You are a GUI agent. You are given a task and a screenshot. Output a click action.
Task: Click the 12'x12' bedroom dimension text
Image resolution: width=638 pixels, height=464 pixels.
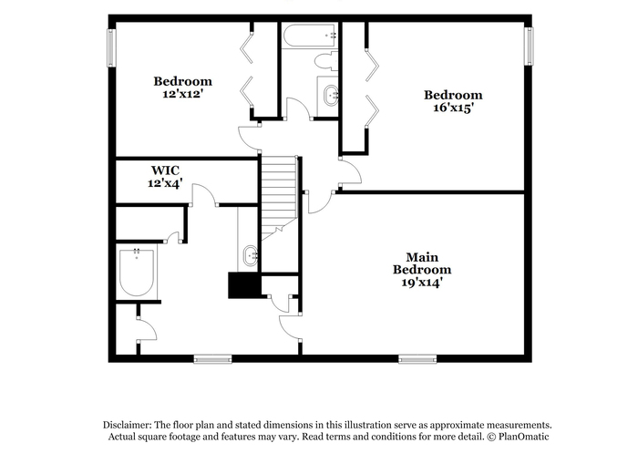click(x=182, y=94)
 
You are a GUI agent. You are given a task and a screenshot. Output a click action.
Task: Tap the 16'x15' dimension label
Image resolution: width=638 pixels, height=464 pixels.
click(x=453, y=108)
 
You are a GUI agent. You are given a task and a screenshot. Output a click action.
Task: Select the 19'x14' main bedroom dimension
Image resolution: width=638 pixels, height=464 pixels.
click(x=422, y=283)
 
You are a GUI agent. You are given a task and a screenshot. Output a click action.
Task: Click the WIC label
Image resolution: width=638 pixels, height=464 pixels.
click(x=165, y=170)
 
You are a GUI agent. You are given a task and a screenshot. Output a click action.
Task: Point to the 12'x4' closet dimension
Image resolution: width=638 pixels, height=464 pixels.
click(x=164, y=183)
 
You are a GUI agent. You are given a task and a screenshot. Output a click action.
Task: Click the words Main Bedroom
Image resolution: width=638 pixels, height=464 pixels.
click(x=422, y=263)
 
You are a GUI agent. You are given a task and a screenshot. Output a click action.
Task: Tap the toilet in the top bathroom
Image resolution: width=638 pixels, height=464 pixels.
click(x=326, y=61)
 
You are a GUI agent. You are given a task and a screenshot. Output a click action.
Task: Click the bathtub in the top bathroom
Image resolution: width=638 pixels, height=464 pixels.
click(x=311, y=36)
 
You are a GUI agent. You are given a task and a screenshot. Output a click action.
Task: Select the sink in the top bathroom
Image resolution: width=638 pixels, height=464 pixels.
click(x=330, y=96)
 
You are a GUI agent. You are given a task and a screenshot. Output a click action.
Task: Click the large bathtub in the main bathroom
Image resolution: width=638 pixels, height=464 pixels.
click(x=137, y=273)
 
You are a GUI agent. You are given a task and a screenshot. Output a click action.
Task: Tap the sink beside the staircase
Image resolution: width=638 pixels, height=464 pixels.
click(x=251, y=255)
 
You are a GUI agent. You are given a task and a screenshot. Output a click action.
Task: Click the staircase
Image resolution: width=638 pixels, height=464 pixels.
click(x=279, y=198)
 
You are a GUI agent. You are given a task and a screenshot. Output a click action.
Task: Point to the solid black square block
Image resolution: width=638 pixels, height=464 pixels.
click(x=244, y=285)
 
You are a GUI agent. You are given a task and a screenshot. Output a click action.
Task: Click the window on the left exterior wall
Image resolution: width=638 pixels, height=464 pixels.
click(x=111, y=47)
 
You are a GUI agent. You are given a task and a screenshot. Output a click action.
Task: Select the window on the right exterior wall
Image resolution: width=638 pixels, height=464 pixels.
click(x=529, y=46)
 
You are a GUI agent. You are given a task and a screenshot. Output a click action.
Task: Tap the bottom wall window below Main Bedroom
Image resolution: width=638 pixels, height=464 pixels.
click(x=417, y=359)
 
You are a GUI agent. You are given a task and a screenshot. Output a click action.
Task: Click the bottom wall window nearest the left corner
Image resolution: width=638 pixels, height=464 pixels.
click(x=212, y=359)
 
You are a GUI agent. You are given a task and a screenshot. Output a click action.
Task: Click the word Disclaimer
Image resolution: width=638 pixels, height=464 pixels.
click(x=128, y=425)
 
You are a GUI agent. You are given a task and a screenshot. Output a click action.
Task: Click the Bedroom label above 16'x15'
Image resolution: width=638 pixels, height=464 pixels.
click(x=453, y=95)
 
